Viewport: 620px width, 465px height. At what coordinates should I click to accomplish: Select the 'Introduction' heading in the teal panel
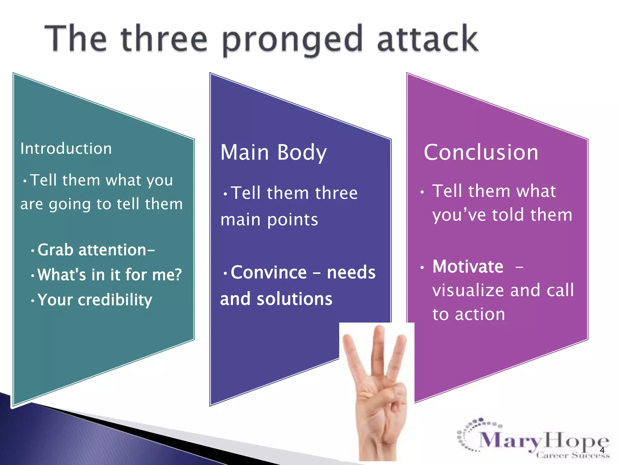[66, 149]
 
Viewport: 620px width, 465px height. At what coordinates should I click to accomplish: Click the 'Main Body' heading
[273, 152]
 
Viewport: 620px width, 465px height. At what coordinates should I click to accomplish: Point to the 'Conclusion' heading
[481, 152]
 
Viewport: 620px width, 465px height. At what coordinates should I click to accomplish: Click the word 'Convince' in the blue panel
[269, 272]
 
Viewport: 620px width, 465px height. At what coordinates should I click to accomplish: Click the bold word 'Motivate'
[468, 267]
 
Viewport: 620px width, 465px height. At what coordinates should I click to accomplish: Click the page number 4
[602, 450]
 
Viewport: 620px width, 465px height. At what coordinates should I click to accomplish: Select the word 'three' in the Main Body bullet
[336, 193]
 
